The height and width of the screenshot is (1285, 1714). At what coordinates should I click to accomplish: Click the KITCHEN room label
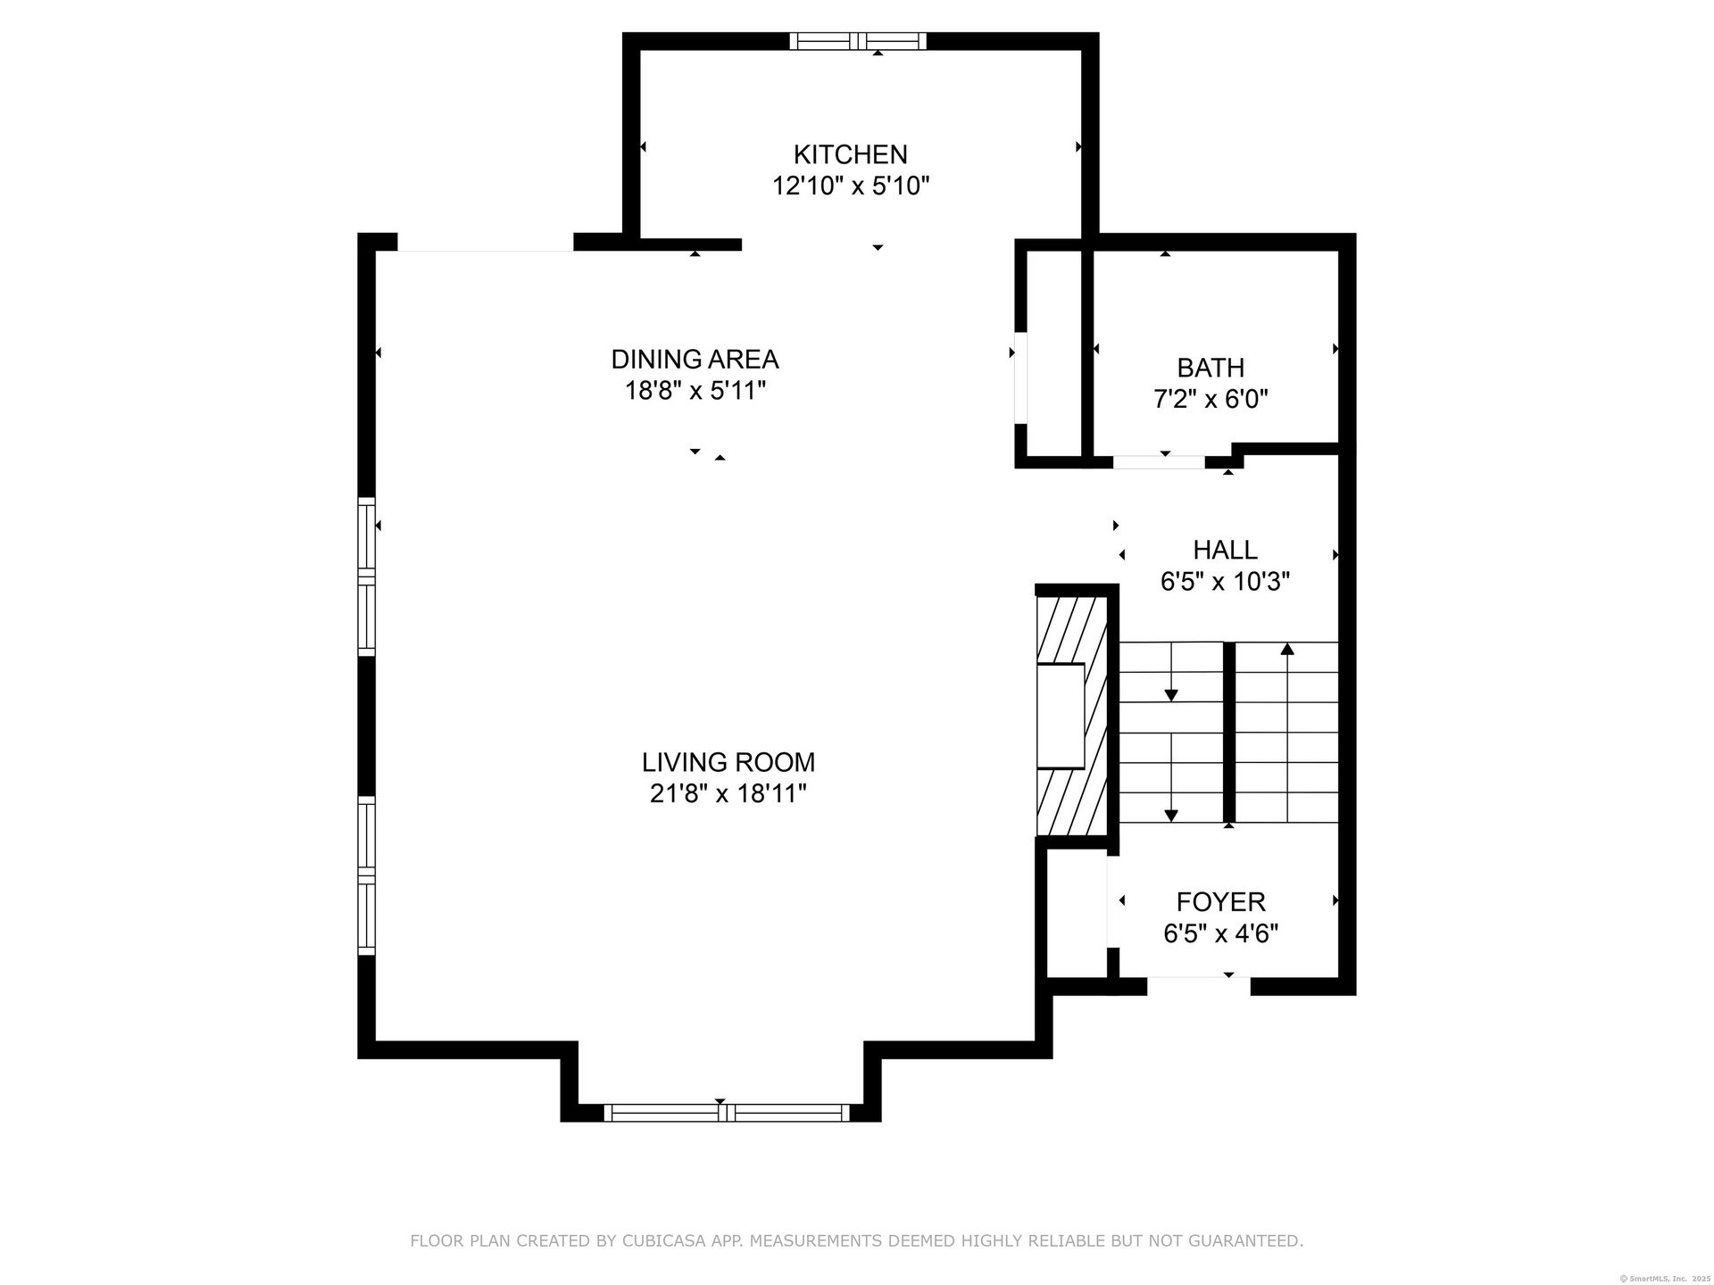(x=850, y=154)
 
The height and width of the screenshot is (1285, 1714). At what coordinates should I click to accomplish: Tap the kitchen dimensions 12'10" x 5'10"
(x=851, y=186)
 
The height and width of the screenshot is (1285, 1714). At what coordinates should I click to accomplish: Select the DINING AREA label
(x=695, y=359)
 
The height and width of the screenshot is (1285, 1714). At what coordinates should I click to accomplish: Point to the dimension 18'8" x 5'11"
(x=695, y=390)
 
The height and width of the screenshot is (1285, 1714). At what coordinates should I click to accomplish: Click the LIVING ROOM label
(x=728, y=762)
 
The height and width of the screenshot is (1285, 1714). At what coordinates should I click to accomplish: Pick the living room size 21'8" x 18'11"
(x=728, y=793)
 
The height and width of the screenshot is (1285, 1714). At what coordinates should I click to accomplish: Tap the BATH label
(x=1211, y=368)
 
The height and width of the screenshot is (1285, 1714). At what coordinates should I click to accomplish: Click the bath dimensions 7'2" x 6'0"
(x=1211, y=399)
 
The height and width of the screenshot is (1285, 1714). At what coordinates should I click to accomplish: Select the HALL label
(x=1225, y=550)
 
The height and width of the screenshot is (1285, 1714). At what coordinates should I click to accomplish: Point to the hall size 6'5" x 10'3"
(x=1225, y=582)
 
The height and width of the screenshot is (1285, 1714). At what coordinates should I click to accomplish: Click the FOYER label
(x=1220, y=902)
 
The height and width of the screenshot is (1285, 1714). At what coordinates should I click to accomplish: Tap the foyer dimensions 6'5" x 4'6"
(x=1220, y=933)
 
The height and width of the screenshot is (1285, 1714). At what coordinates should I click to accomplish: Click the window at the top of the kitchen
(x=858, y=41)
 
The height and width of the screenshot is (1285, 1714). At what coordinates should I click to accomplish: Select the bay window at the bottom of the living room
(x=727, y=1113)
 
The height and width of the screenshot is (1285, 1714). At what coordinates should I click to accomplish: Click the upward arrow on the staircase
(x=1287, y=733)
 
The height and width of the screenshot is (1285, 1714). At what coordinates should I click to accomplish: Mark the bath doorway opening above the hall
(x=1159, y=462)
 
